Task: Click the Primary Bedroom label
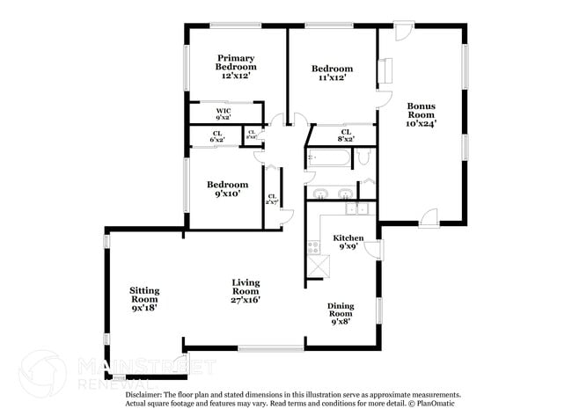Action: coord(237,67)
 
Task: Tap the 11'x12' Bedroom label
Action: coord(333,73)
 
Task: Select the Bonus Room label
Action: coord(421,114)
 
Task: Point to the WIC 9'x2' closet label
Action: coord(224,113)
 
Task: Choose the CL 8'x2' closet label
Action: coord(346,135)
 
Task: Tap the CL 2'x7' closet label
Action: coord(272,200)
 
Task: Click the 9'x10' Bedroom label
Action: coord(227,189)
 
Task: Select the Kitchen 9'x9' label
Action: coord(348,242)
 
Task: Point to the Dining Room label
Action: coord(341,313)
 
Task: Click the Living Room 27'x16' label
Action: coord(246,291)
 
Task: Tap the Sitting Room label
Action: coord(144,299)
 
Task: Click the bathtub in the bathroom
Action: coord(328,158)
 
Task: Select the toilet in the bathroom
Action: coord(364,158)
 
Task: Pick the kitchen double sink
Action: coord(356,209)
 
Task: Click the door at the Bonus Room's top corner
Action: coord(402,32)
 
